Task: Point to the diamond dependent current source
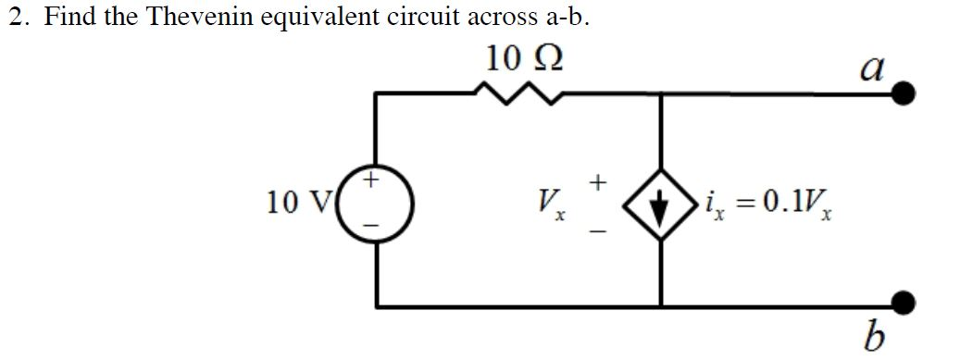tap(660, 201)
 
